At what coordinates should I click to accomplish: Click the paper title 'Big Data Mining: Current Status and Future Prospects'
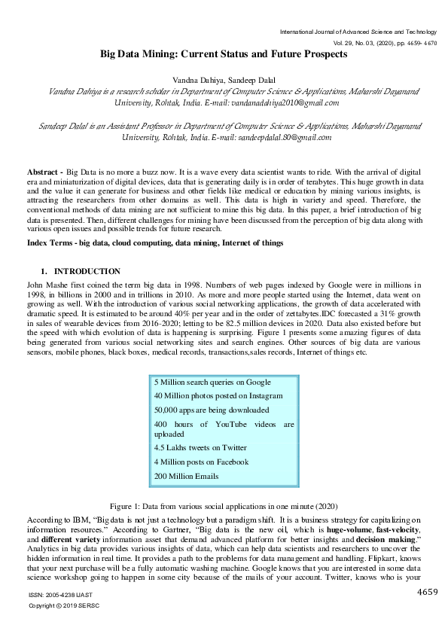coord(224,54)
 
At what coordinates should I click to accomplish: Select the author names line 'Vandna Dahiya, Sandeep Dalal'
coord(224,79)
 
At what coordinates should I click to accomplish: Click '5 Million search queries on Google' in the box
coord(212,383)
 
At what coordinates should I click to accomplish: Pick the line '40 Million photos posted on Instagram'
coord(218,395)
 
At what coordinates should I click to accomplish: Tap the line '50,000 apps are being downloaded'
coord(211,410)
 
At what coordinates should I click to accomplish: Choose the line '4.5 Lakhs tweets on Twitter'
coord(200,448)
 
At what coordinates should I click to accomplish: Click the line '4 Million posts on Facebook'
coord(201,462)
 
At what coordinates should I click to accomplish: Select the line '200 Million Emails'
coord(187,476)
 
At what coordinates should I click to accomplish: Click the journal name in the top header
coord(358,32)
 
